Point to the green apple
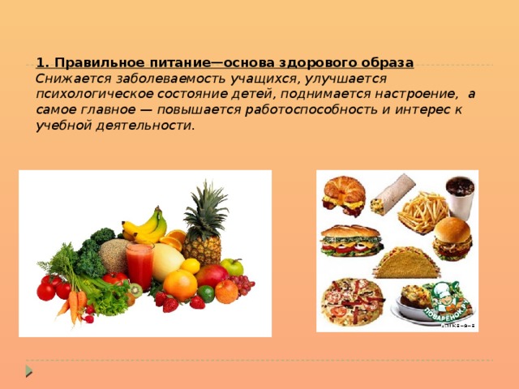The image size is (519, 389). (233, 266)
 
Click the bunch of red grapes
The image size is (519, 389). (242, 286)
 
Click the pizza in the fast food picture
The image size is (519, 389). (346, 300)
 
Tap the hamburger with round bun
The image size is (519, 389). (452, 237)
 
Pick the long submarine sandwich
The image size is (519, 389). (350, 241)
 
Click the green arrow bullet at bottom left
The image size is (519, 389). (29, 370)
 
